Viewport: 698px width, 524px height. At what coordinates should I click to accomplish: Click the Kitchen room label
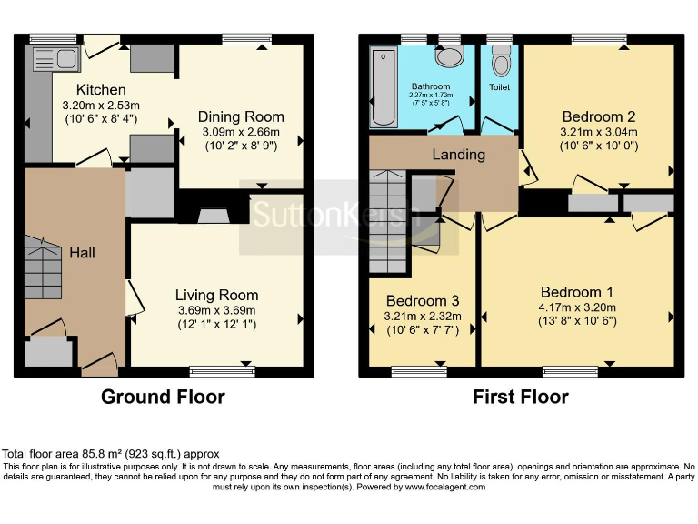pyautogui.click(x=100, y=89)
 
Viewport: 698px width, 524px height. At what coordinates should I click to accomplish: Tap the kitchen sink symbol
pyautogui.click(x=44, y=59)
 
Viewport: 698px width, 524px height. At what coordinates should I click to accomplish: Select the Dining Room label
pyautogui.click(x=241, y=116)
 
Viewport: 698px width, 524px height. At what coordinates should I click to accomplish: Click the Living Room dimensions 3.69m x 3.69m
pyautogui.click(x=216, y=310)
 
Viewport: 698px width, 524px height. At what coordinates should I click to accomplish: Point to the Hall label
pyautogui.click(x=83, y=252)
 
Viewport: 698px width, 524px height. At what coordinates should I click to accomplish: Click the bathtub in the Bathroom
pyautogui.click(x=380, y=87)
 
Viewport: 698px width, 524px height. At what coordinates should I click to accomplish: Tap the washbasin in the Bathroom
pyautogui.click(x=448, y=57)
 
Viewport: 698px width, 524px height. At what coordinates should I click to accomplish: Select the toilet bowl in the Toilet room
pyautogui.click(x=500, y=63)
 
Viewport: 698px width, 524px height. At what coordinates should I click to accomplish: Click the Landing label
pyautogui.click(x=458, y=155)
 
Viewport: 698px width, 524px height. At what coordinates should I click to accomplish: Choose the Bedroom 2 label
pyautogui.click(x=598, y=116)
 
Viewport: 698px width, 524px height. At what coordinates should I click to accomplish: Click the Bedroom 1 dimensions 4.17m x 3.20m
pyautogui.click(x=577, y=307)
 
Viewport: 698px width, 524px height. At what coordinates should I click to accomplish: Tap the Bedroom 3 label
pyautogui.click(x=423, y=301)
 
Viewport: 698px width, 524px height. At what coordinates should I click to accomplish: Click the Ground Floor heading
pyautogui.click(x=163, y=397)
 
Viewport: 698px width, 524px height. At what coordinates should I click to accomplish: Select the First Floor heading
pyautogui.click(x=521, y=397)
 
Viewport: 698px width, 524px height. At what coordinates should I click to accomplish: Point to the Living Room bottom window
pyautogui.click(x=222, y=369)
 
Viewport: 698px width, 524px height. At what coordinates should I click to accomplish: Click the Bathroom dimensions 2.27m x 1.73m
pyautogui.click(x=431, y=97)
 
